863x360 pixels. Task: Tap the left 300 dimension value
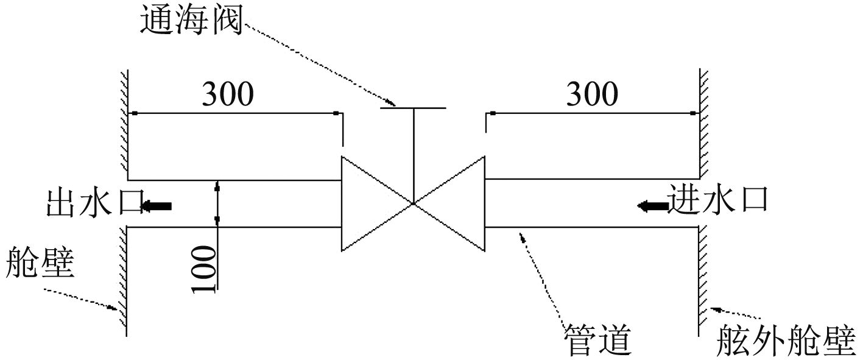(x=227, y=94)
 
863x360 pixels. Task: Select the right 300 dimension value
(x=592, y=94)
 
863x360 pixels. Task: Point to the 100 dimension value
(x=205, y=269)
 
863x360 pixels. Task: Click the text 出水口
(x=94, y=202)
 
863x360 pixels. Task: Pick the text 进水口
(x=717, y=199)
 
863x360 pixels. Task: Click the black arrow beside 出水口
(x=157, y=206)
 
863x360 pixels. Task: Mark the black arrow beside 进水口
(x=652, y=206)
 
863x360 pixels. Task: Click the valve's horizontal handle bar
(x=413, y=108)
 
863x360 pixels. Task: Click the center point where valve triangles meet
(x=413, y=203)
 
